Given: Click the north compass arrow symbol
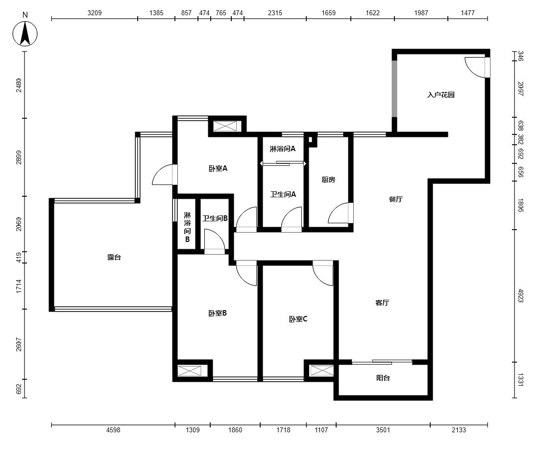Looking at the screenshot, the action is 25,33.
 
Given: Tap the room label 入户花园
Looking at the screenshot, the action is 441,95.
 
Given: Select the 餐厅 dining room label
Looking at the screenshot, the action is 395,199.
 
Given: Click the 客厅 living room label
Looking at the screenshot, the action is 382,303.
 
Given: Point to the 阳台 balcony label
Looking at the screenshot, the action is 383,378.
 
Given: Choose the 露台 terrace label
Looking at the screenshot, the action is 114,257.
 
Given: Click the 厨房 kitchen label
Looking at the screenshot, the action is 328,179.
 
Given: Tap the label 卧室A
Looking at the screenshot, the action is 218,168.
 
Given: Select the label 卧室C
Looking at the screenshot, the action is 298,319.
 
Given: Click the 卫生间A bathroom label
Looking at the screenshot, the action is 283,194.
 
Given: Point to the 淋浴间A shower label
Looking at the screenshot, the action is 283,149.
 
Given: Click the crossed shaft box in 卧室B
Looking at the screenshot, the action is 190,371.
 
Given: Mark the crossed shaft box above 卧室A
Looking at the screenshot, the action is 225,126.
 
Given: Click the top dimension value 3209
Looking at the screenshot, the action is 95,13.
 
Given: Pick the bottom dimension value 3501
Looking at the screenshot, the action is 383,430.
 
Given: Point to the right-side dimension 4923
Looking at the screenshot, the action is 520,296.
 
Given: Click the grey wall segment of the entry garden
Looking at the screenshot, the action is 394,89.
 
